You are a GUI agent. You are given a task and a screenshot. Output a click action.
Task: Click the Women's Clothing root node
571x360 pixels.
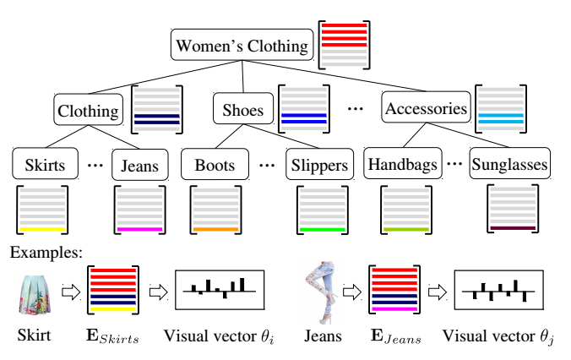coord(242,45)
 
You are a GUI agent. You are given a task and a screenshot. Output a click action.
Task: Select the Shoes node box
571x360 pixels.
coord(243,108)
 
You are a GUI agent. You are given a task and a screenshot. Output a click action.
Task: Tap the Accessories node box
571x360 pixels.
coord(426,107)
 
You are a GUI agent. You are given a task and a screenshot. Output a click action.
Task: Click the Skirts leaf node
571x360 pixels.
coord(45,164)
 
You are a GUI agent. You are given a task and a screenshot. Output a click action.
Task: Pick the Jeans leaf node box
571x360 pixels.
coord(140,165)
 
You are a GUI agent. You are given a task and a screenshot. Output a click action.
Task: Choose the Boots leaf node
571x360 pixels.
coord(215,164)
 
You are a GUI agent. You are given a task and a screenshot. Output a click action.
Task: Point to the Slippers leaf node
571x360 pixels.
coord(320,164)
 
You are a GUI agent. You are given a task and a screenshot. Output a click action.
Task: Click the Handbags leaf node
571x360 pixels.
coord(403,163)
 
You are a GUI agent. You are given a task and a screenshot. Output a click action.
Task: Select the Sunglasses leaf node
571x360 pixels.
coord(510,163)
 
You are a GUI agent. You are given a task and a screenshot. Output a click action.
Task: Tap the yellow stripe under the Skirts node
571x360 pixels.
coord(42,230)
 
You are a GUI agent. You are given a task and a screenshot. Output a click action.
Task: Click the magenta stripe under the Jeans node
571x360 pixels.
coord(140,230)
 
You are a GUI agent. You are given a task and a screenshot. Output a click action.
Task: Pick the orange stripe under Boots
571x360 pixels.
coord(215,230)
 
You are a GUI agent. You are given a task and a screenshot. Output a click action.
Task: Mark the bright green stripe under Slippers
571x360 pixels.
coord(323,230)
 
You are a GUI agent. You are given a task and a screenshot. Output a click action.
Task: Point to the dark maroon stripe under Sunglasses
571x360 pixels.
coord(513,228)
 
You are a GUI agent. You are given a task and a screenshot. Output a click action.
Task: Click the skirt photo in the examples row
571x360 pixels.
coord(34,295)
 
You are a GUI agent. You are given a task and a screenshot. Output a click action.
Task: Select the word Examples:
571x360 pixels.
coord(46,252)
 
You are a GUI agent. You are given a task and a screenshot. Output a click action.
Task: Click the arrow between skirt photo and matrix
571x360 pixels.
coord(71,292)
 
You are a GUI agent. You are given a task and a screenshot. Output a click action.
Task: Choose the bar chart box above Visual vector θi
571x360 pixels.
coord(220,290)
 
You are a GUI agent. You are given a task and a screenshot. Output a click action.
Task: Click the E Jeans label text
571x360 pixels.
coord(396,336)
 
